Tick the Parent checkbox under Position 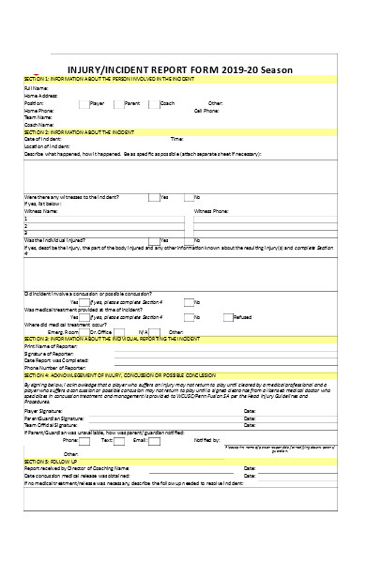(x=117, y=102)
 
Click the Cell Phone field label (x=207, y=110)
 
